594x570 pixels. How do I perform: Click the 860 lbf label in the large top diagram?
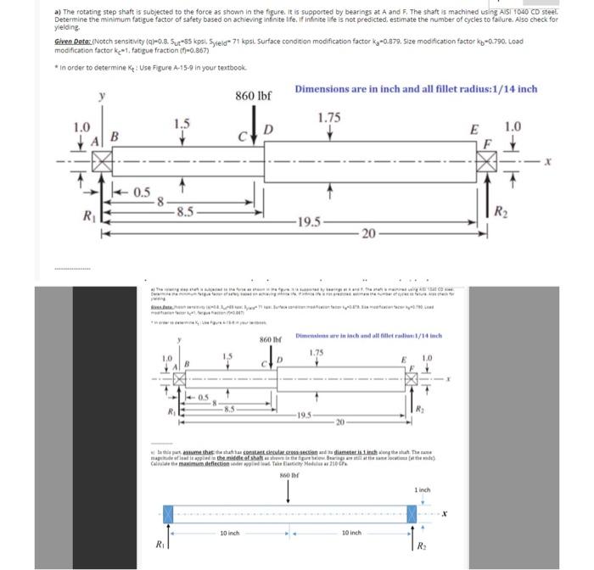pos(253,95)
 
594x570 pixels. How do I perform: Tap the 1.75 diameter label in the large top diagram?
pos(329,116)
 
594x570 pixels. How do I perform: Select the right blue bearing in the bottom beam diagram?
pos(414,515)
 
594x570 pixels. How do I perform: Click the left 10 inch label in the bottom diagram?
pos(230,533)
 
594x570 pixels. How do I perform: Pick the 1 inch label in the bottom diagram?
pos(424,490)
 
